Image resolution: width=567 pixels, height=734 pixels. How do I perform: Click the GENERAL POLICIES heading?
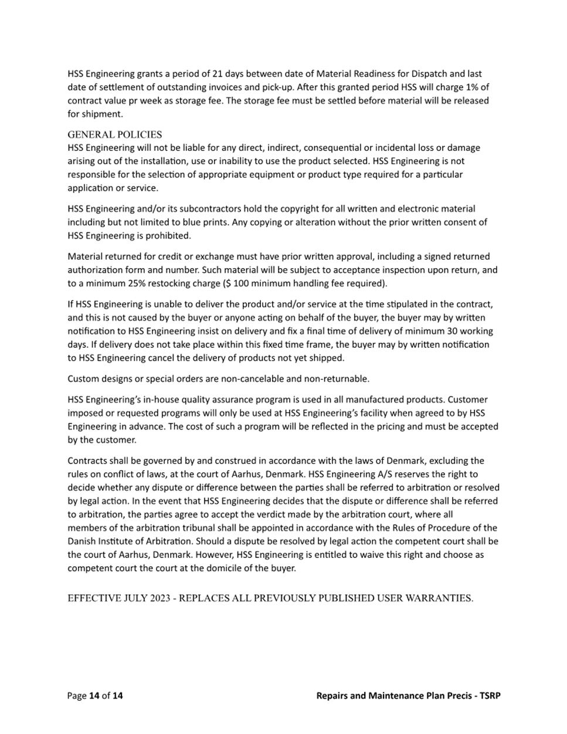(115, 134)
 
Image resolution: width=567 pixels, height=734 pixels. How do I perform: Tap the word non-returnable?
(339, 378)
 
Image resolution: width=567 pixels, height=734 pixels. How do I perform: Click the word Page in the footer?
(77, 696)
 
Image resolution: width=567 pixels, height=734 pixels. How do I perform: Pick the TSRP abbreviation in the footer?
(490, 696)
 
